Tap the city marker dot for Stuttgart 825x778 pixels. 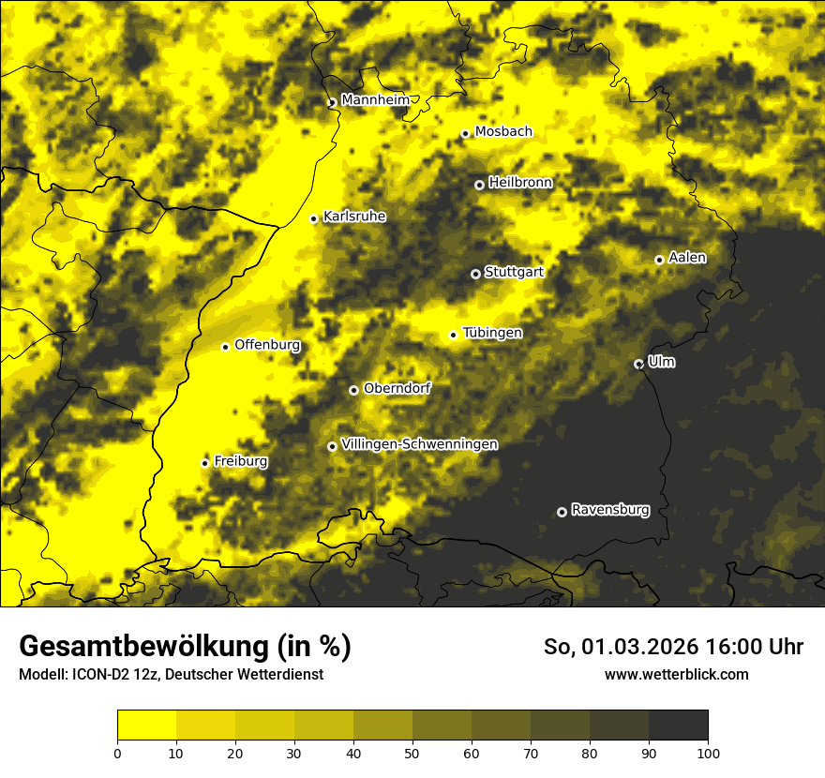pos(475,274)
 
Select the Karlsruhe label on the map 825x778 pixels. pos(354,217)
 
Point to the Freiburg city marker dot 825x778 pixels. pos(204,463)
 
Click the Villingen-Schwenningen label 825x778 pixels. pos(419,444)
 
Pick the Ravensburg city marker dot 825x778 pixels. pos(562,512)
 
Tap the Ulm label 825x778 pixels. pos(661,362)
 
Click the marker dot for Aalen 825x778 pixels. pos(659,260)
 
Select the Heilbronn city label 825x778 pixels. pos(520,183)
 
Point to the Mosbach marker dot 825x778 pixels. pos(465,134)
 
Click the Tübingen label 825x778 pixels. pos(492,333)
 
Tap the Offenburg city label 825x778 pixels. pos(267,345)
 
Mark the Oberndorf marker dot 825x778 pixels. pos(353,390)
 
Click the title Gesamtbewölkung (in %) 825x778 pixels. pos(185,646)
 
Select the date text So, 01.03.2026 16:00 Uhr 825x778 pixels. pos(673,647)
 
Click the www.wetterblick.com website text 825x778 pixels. pos(676,674)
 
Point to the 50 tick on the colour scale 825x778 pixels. pos(412,752)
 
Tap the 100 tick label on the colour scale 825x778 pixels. pos(708,752)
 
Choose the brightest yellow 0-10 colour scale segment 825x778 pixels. pos(146,726)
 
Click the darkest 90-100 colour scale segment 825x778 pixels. pos(678,726)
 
